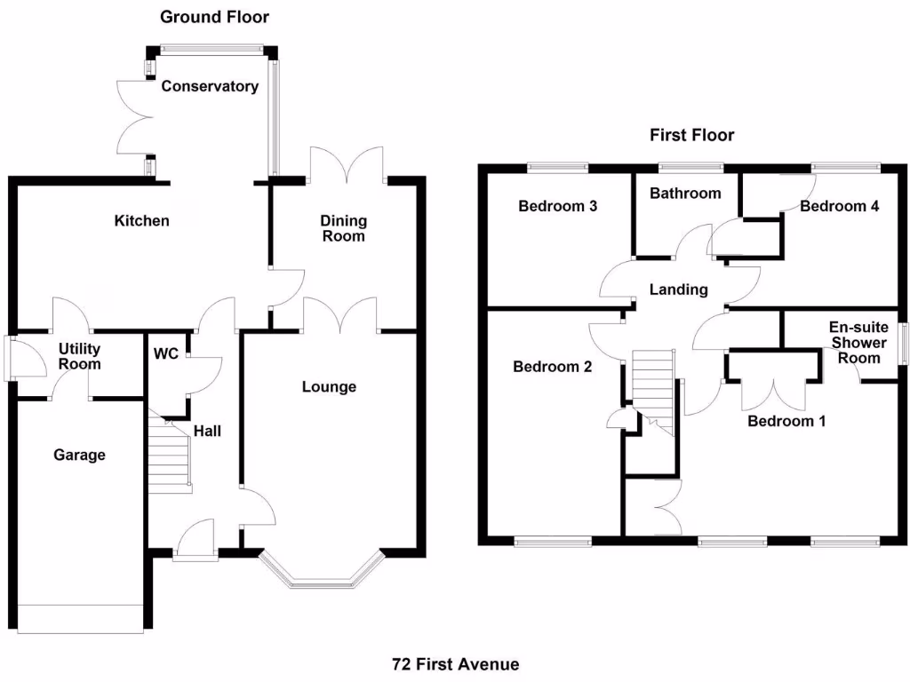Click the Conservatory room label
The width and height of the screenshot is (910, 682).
(x=210, y=86)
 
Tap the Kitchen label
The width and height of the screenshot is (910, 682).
(x=141, y=220)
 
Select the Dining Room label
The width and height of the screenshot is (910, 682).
(x=343, y=228)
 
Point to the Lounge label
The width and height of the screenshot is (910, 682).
(x=329, y=386)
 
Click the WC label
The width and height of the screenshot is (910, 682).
(x=166, y=353)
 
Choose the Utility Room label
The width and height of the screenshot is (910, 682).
(x=79, y=356)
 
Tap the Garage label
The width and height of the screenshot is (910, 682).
(x=79, y=455)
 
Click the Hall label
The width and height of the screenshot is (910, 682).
(x=207, y=431)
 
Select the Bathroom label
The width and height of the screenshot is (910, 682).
(x=685, y=193)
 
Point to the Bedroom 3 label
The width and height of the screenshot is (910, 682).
(x=557, y=206)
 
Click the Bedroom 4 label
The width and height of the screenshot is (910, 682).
(x=839, y=206)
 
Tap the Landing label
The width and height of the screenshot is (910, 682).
(x=679, y=289)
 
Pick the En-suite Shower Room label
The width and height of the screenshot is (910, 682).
(x=858, y=342)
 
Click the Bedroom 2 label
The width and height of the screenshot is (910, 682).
(x=553, y=366)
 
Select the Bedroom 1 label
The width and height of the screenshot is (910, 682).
(x=786, y=421)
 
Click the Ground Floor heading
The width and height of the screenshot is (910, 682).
(x=214, y=17)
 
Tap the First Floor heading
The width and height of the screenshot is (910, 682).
(x=692, y=135)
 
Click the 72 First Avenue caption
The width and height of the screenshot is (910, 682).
(x=455, y=664)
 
